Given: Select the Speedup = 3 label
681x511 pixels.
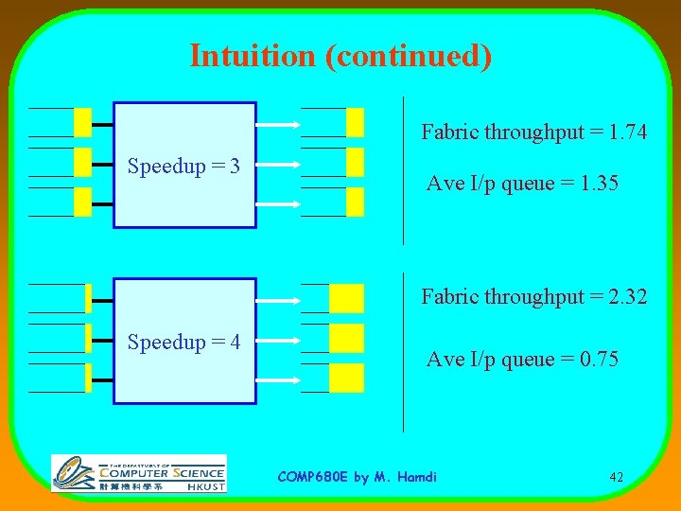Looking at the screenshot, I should (x=183, y=167).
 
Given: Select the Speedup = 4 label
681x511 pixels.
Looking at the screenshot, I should (x=183, y=342).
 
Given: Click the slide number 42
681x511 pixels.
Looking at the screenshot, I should (x=616, y=477).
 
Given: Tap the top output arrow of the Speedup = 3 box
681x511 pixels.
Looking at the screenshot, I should (x=277, y=123).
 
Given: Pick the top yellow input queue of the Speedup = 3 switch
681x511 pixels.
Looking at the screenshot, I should (x=82, y=122).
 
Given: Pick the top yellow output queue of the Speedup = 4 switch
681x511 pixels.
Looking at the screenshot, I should (x=346, y=298).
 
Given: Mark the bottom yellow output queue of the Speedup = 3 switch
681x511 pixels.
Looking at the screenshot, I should (x=355, y=202).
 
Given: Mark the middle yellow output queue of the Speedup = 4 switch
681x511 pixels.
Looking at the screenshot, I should (x=346, y=338).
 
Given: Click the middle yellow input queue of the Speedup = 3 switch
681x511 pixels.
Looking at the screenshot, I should (x=82, y=162).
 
